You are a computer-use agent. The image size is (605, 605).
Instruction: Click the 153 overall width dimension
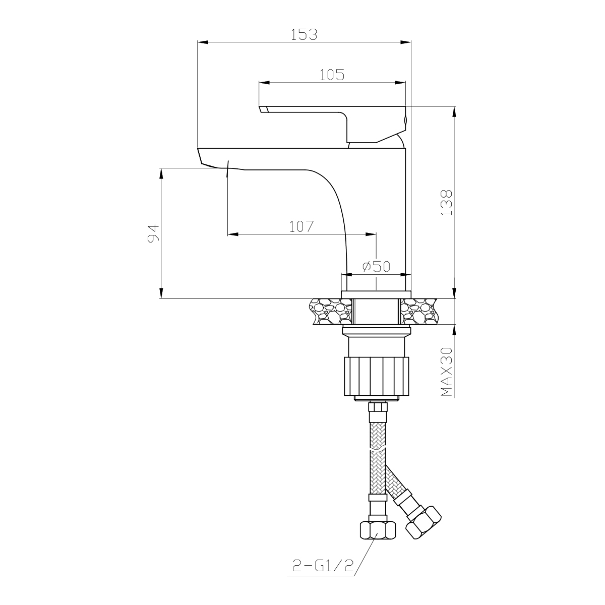[304, 35]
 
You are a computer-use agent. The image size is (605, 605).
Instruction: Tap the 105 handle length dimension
[332, 75]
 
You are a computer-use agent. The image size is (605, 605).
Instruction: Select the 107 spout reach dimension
[301, 226]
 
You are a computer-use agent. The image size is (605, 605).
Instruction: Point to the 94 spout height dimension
[154, 233]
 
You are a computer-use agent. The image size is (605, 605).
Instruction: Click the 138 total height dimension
[447, 203]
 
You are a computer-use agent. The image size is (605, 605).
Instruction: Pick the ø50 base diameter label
[376, 267]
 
